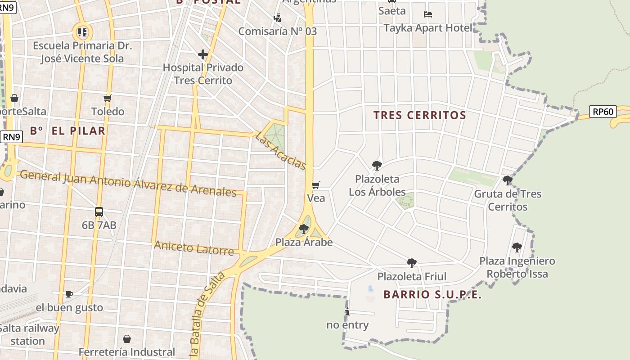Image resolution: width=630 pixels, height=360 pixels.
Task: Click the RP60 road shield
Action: pos(603,112)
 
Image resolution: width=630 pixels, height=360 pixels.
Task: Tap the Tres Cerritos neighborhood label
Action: pos(419,115)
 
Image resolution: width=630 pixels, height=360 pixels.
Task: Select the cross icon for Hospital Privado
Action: pos(203,55)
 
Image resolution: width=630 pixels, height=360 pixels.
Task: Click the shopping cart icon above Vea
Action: pos(316,185)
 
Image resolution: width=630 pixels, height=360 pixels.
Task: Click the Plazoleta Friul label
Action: pos(412,276)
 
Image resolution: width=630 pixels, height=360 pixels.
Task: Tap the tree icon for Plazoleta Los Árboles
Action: pos(377,166)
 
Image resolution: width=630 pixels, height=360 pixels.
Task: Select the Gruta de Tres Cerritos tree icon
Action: pos(508,181)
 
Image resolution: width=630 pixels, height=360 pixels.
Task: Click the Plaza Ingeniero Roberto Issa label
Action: pos(517,267)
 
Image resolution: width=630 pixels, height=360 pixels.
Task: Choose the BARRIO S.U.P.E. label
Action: pos(432,295)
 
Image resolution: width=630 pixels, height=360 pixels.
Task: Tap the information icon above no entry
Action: pos(347,311)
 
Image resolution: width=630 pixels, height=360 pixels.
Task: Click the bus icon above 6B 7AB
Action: pos(99,212)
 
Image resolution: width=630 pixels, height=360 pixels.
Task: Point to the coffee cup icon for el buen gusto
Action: pos(69,295)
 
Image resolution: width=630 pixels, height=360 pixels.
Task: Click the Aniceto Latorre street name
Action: pos(194,248)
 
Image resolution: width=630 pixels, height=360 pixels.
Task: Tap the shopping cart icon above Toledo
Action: pos(107,99)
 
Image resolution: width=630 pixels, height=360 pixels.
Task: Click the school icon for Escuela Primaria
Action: pos(82,32)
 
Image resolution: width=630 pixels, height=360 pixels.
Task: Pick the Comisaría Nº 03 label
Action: pos(278,31)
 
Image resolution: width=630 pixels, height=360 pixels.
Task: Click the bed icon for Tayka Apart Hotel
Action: pos(428,15)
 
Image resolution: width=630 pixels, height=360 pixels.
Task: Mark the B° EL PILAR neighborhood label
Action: pos(67,131)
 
